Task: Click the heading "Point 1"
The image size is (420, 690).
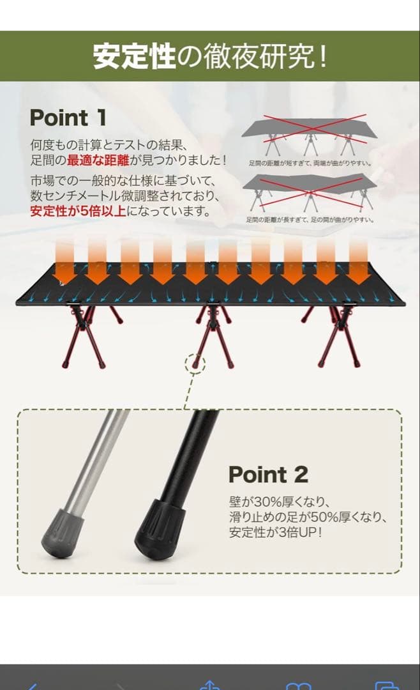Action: pyautogui.click(x=68, y=118)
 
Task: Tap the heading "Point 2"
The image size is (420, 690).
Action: pyautogui.click(x=268, y=475)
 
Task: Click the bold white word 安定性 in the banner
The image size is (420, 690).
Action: pyautogui.click(x=134, y=56)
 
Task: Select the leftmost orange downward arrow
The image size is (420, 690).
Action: pyautogui.click(x=63, y=262)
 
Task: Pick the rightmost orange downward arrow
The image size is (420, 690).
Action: pyautogui.click(x=358, y=262)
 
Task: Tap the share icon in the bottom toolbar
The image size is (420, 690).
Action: pyautogui.click(x=209, y=685)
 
